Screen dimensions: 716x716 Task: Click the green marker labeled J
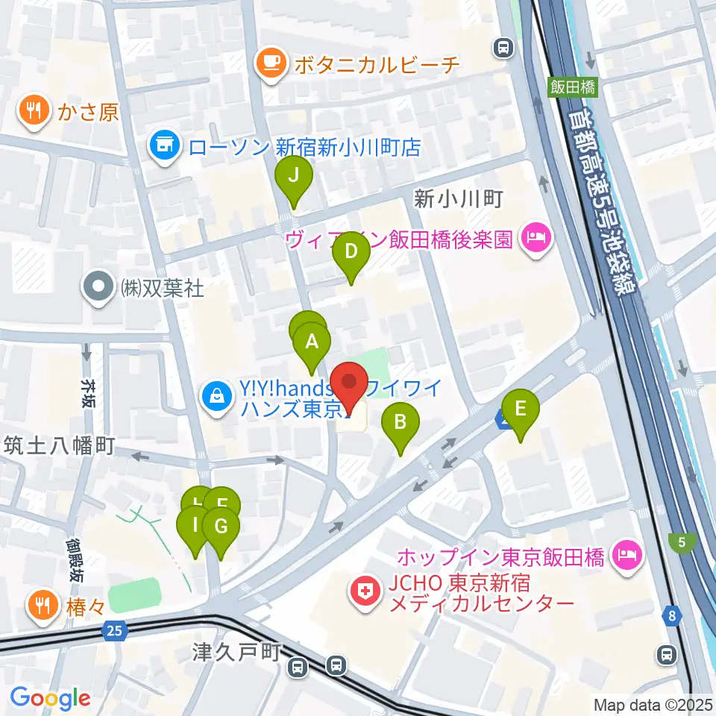click(x=293, y=178)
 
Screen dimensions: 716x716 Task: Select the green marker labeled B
click(x=401, y=424)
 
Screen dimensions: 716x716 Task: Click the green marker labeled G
click(x=220, y=527)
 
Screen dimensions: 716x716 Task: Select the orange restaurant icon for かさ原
click(x=33, y=111)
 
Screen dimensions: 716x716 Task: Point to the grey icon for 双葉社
click(x=97, y=289)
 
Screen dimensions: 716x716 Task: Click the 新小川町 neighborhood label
click(x=460, y=199)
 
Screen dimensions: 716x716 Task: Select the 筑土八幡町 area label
click(x=58, y=446)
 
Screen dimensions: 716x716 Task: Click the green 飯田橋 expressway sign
click(x=574, y=87)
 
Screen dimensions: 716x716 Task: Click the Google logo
click(x=50, y=698)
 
